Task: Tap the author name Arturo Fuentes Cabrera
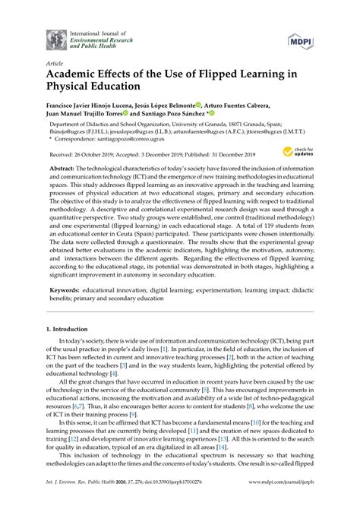(248, 106)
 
